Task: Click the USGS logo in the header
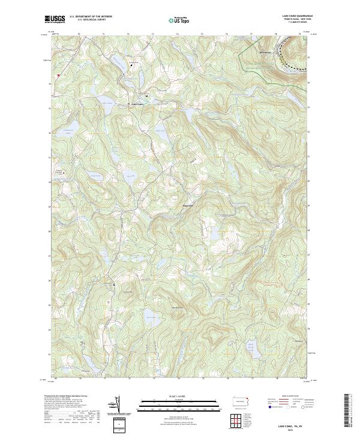tap(55, 20)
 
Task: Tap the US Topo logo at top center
tap(179, 20)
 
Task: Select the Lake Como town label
tap(137, 104)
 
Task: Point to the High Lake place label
tap(188, 207)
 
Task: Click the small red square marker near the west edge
tap(58, 75)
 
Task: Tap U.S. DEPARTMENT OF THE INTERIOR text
tap(91, 17)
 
